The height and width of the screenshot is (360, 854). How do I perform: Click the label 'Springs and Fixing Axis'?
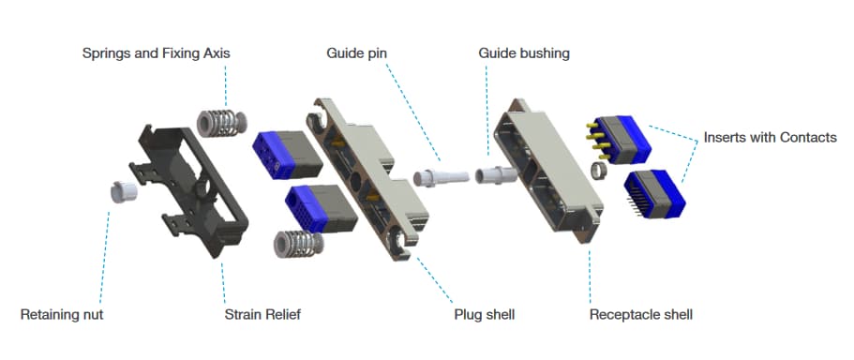(156, 53)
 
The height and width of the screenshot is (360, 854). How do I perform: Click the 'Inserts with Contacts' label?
(770, 137)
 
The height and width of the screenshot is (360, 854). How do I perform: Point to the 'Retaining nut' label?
(62, 314)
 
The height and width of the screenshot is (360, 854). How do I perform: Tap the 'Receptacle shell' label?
(640, 314)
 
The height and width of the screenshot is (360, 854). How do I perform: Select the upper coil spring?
(223, 124)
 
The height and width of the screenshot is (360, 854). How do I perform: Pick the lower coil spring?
(293, 244)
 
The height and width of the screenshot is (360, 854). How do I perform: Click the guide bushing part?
(495, 175)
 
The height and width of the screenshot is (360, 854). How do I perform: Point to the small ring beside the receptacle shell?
(596, 171)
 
